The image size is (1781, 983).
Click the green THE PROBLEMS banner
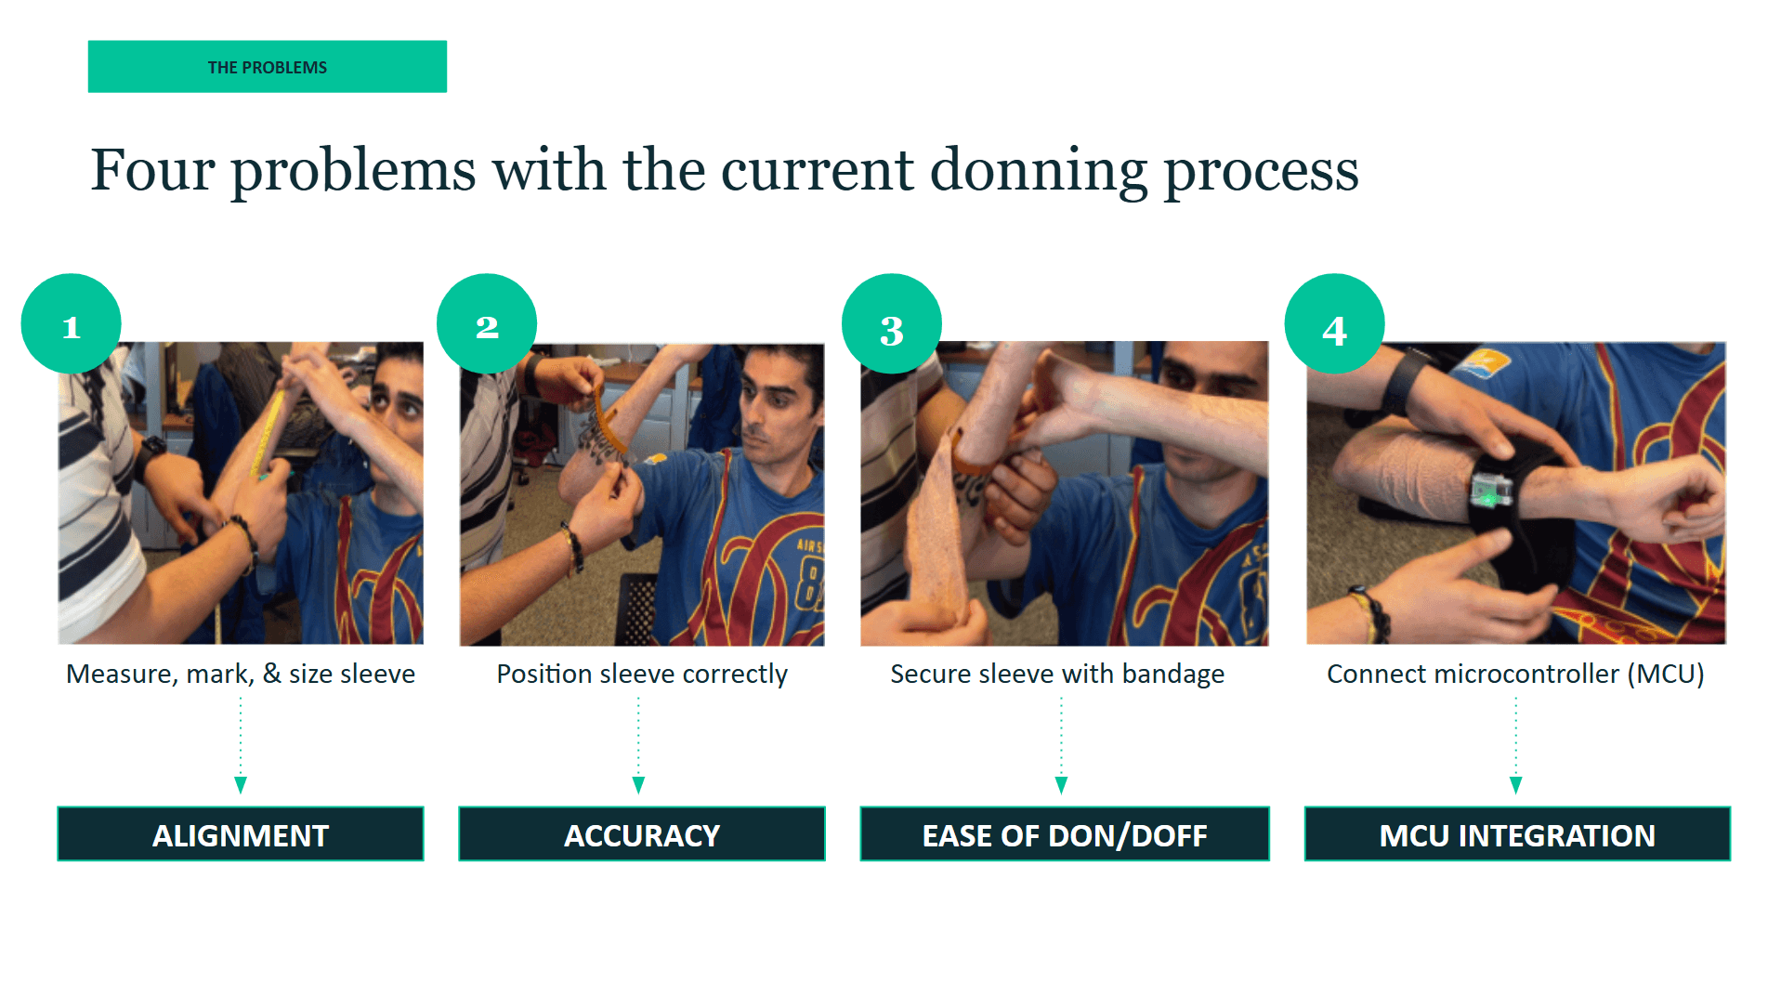pos(268,67)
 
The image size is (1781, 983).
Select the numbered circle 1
pos(72,323)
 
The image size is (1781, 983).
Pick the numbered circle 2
pos(487,323)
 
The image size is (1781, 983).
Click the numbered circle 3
pos(892,323)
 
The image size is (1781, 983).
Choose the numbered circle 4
pos(1335,323)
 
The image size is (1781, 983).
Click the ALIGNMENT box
pos(241,834)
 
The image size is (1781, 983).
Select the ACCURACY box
pos(642,834)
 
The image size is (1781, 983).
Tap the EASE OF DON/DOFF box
pos(1065,834)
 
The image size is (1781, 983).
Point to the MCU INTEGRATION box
pos(1517,834)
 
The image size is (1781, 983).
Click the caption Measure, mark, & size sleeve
pos(241,674)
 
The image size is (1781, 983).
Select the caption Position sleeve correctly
pos(642,674)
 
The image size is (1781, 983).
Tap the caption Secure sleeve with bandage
pos(1057,674)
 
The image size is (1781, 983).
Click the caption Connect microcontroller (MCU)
pos(1515,674)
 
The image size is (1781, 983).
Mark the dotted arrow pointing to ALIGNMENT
pos(241,745)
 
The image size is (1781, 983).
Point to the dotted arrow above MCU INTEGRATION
pos(1516,745)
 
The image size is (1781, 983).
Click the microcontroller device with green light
pos(1490,490)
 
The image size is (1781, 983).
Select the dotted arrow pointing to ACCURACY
pos(638,745)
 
